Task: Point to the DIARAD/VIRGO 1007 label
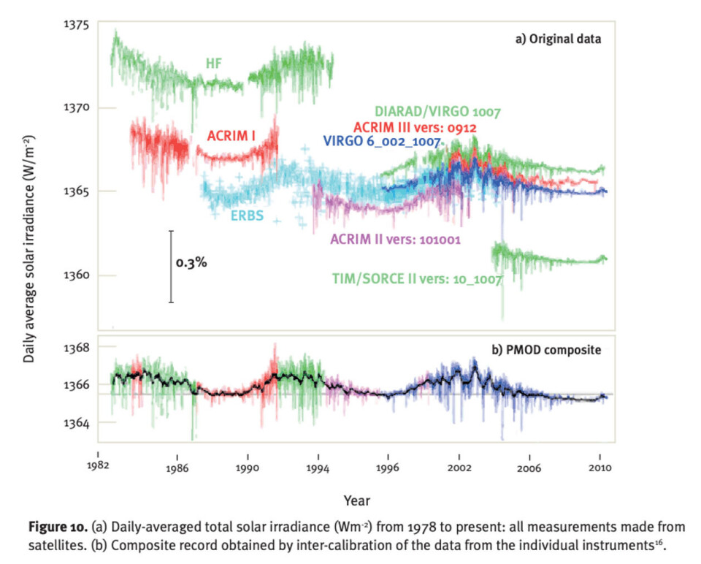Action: coord(437,113)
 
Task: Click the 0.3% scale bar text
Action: coord(191,262)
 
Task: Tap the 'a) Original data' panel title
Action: coord(559,39)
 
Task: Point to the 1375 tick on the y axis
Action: coord(74,24)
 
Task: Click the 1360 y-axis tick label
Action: coord(74,275)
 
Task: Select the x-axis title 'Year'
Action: coord(356,501)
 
